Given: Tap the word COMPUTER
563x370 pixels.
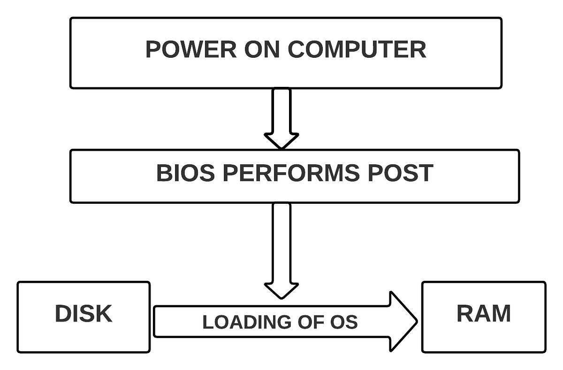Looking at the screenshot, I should pos(357,50).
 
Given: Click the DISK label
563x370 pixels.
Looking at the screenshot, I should pos(84,314).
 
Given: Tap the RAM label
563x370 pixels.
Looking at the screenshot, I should pos(484,314).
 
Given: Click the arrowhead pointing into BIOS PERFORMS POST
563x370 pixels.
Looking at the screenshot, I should pos(281,140).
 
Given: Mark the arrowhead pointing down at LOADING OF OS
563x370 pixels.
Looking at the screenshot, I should pos(281,290).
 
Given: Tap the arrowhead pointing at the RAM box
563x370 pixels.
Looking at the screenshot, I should pos(403,322).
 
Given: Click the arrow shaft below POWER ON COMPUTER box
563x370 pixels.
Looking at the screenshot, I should pos(281,110).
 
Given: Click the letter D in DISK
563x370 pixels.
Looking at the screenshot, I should pos(63,314).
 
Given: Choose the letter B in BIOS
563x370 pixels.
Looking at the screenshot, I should pos(164,173).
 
